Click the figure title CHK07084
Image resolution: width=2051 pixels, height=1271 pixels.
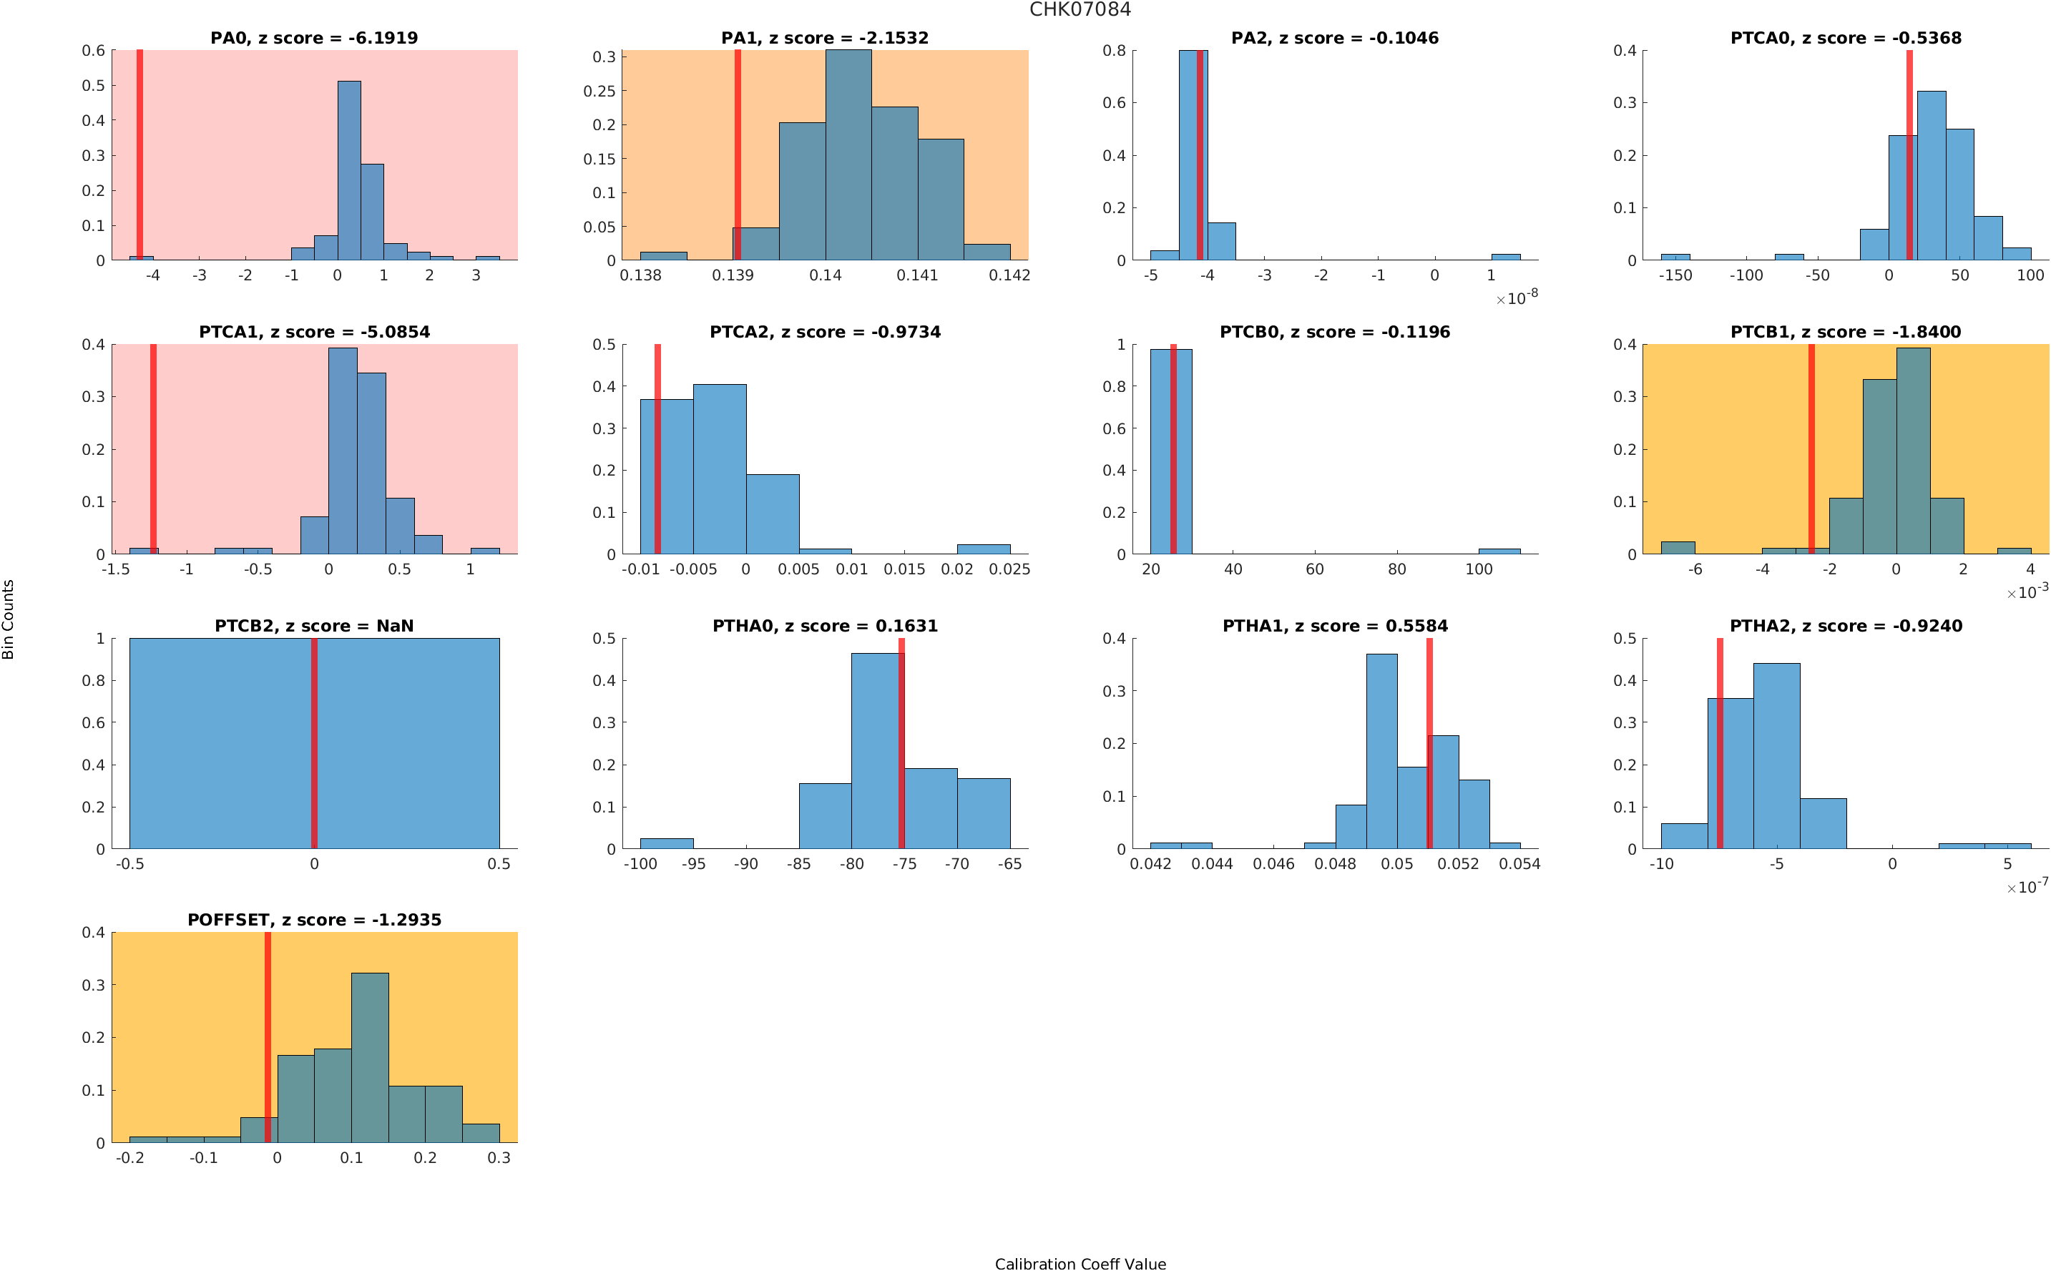(1080, 9)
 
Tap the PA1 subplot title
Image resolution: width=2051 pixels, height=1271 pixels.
(824, 38)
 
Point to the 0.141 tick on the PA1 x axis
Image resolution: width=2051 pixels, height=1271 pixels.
(917, 275)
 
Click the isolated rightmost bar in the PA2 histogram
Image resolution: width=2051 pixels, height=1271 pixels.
(1504, 256)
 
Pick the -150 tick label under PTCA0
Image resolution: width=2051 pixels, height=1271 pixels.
(1675, 275)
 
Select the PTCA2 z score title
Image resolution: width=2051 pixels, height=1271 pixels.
(824, 332)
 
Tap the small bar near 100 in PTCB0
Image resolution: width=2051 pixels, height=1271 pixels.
(1499, 551)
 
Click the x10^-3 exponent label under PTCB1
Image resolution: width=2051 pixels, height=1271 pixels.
(2027, 592)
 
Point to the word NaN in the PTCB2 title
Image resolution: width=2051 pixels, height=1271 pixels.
(394, 627)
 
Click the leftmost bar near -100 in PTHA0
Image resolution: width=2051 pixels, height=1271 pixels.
(667, 843)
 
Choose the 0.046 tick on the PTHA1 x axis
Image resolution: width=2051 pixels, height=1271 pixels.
(1273, 864)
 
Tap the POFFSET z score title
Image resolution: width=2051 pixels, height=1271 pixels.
(313, 921)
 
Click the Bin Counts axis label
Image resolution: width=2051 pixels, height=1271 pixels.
(9, 619)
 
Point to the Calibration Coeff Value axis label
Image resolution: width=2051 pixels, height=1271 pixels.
(1080, 1262)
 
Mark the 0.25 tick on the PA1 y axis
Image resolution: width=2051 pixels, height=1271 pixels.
(599, 91)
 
